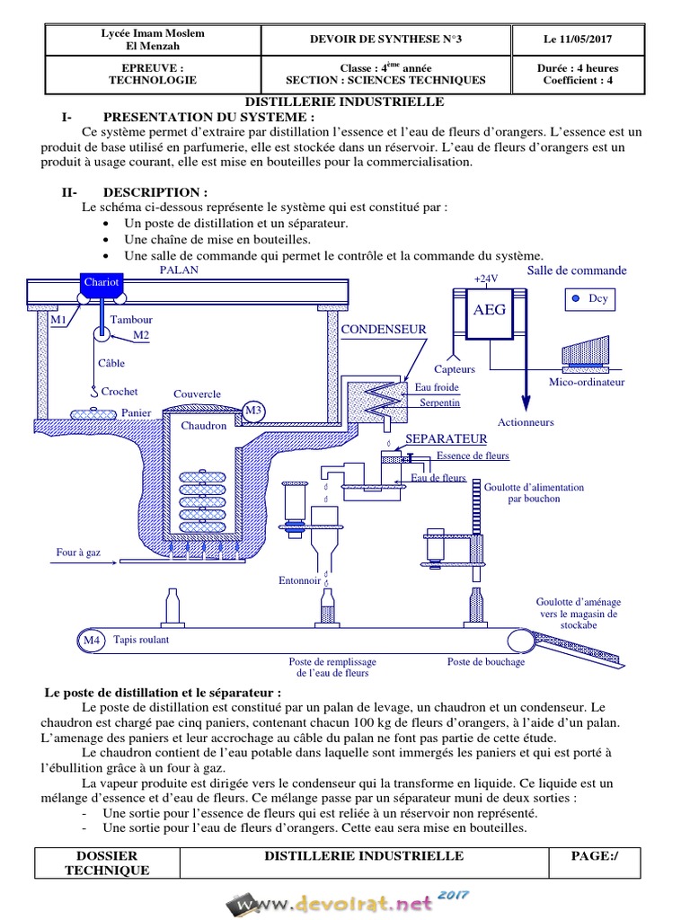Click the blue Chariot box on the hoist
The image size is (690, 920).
tap(101, 282)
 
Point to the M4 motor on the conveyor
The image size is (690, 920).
tap(91, 641)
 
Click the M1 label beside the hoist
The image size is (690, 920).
tap(58, 320)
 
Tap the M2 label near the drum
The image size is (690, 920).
tap(140, 335)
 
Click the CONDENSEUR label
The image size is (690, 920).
tap(384, 330)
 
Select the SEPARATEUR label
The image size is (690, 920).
tap(447, 438)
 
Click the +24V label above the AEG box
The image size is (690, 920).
tap(485, 279)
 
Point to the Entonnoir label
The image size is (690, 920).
tap(299, 580)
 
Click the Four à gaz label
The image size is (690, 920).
tap(78, 553)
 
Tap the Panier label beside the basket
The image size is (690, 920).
tap(136, 413)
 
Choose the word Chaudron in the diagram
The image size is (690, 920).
tap(204, 425)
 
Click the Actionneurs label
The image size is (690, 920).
tap(526, 422)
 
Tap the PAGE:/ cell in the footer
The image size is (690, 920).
tap(595, 856)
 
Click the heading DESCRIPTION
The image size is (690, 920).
tap(155, 192)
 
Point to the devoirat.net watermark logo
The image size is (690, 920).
tap(346, 902)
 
